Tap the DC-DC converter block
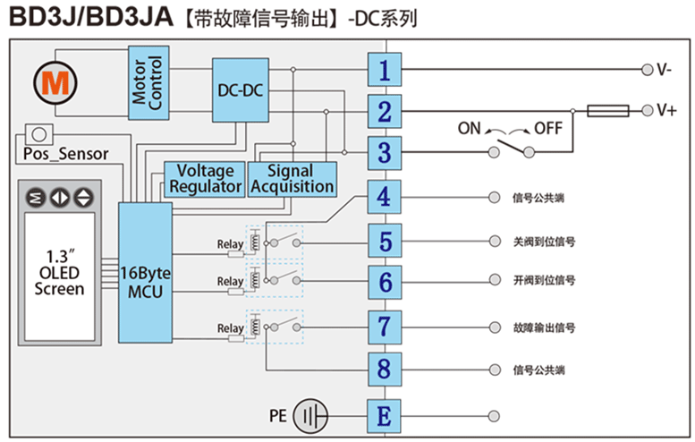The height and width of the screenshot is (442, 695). coord(239,90)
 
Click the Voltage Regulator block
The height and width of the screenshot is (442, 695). coord(205,178)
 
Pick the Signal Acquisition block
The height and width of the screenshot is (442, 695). coord(292,178)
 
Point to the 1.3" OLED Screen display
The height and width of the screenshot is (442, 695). coord(59,272)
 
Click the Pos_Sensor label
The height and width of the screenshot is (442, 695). coord(64,154)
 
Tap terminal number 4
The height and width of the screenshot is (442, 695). coord(384,196)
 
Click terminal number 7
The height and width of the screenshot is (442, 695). coord(384,326)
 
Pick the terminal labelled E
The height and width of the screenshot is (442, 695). coord(384,416)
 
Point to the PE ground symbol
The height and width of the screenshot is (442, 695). coord(309,416)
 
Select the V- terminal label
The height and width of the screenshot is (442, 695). coord(665,70)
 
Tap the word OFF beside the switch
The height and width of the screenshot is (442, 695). coord(547,128)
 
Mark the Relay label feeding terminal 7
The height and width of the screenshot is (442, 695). coord(230,329)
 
